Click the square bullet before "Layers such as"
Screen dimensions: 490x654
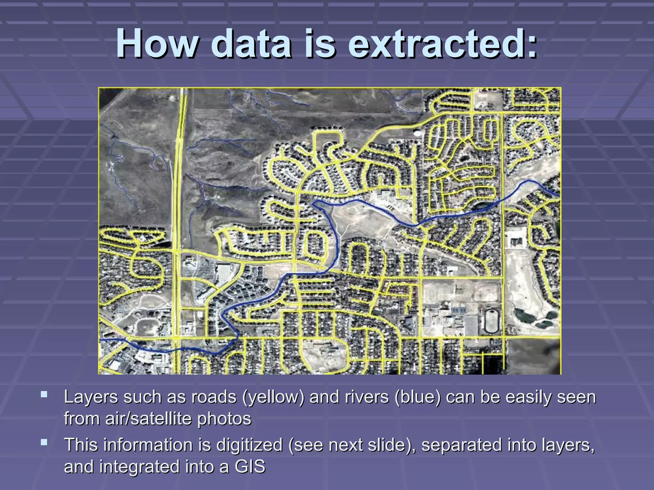point(44,394)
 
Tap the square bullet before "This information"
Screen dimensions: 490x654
point(44,442)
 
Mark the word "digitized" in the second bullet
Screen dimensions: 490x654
point(249,445)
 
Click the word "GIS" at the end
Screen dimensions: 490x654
point(250,466)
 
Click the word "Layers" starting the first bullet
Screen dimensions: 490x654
point(91,397)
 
